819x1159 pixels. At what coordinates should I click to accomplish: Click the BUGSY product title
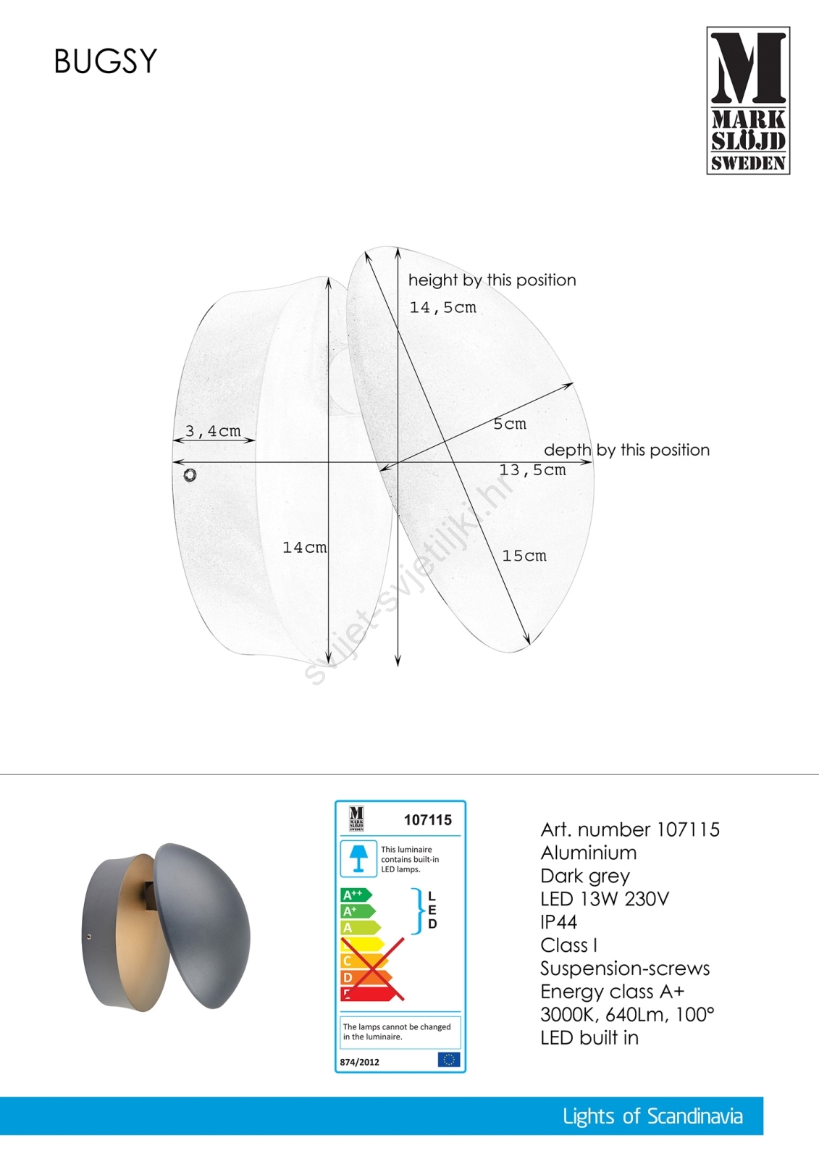pyautogui.click(x=106, y=62)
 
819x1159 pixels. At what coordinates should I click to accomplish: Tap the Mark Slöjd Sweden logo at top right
pyautogui.click(x=748, y=101)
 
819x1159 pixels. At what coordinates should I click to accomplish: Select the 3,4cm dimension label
pyautogui.click(x=213, y=431)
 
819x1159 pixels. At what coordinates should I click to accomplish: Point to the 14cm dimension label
pyautogui.click(x=304, y=548)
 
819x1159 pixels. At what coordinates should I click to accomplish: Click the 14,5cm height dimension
pyautogui.click(x=442, y=307)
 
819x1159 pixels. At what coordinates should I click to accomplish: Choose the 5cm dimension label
pyautogui.click(x=510, y=424)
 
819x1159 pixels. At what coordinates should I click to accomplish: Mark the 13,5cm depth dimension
pyautogui.click(x=532, y=470)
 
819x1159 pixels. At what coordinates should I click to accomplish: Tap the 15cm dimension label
pyautogui.click(x=524, y=556)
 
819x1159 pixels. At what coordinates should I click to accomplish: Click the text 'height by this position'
pyautogui.click(x=492, y=280)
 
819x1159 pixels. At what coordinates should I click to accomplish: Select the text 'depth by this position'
pyautogui.click(x=626, y=450)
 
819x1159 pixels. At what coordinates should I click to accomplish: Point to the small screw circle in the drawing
pyautogui.click(x=190, y=474)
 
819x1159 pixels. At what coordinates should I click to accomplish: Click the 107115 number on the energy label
pyautogui.click(x=427, y=820)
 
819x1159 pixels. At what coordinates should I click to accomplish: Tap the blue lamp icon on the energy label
pyautogui.click(x=358, y=858)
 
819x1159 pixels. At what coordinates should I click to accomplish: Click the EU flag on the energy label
pyautogui.click(x=448, y=1060)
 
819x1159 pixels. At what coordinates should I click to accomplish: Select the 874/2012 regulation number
pyautogui.click(x=360, y=1062)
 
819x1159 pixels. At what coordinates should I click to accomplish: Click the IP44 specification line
pyautogui.click(x=558, y=922)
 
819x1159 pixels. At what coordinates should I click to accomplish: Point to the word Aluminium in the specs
pyautogui.click(x=588, y=853)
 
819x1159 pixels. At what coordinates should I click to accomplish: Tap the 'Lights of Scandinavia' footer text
pyautogui.click(x=652, y=1116)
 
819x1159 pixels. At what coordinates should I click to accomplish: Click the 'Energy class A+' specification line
pyautogui.click(x=612, y=992)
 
